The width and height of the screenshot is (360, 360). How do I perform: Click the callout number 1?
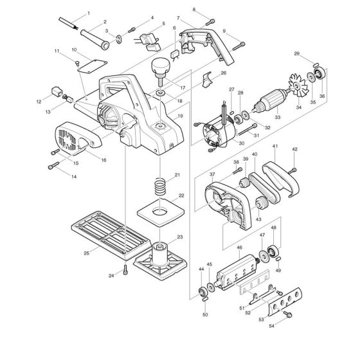(88, 13)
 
